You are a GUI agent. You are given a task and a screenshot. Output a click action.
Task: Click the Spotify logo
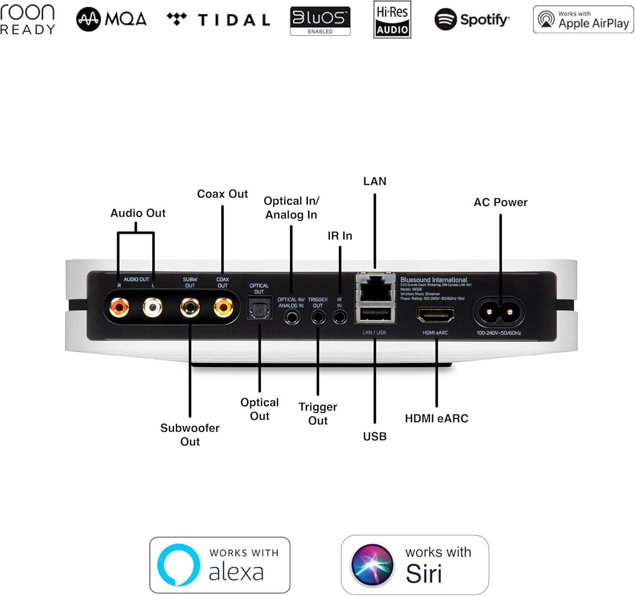pyautogui.click(x=472, y=19)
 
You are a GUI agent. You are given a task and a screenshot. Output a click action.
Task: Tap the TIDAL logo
pyautogui.click(x=218, y=19)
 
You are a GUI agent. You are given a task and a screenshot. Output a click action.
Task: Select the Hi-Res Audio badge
pyautogui.click(x=392, y=19)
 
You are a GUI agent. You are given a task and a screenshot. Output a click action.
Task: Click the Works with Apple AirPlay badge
pyautogui.click(x=583, y=19)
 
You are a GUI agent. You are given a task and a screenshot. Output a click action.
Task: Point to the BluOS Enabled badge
pyautogui.click(x=320, y=20)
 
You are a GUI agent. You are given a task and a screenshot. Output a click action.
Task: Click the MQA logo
pyautogui.click(x=111, y=19)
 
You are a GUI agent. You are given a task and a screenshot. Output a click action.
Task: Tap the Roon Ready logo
pyautogui.click(x=28, y=19)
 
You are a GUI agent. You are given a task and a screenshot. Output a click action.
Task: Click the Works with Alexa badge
pyautogui.click(x=220, y=565)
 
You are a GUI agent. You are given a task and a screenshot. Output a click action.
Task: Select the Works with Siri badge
pyautogui.click(x=415, y=565)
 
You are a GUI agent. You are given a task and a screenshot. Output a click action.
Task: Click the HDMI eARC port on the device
pyautogui.click(x=436, y=315)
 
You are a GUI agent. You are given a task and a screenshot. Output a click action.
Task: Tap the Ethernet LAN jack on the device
pyautogui.click(x=375, y=288)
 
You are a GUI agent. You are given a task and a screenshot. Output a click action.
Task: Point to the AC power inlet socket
pyautogui.click(x=500, y=312)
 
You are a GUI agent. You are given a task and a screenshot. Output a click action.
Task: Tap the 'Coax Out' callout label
pyautogui.click(x=222, y=194)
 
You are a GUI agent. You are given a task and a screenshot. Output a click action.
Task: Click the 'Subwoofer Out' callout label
pyautogui.click(x=190, y=435)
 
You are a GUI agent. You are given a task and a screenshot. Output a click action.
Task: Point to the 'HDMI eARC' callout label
pyautogui.click(x=436, y=419)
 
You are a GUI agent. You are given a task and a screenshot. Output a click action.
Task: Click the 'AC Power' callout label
pyautogui.click(x=500, y=202)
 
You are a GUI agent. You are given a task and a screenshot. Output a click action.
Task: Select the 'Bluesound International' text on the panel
pyautogui.click(x=434, y=280)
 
